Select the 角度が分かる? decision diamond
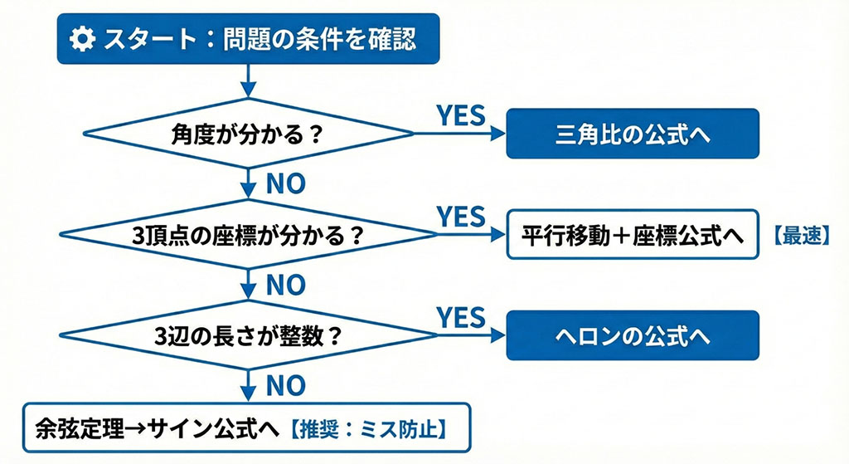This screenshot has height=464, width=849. (x=249, y=133)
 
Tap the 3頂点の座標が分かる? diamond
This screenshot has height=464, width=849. (x=249, y=235)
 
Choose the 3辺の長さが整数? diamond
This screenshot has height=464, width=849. (x=249, y=336)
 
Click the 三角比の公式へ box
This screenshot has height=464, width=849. (x=633, y=133)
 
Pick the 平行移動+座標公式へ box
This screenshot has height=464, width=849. (x=633, y=235)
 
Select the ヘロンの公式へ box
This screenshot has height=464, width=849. (x=633, y=336)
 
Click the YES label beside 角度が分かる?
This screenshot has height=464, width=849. (x=460, y=115)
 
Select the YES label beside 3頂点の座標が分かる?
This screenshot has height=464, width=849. (x=460, y=217)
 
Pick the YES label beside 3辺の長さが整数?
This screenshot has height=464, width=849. (x=460, y=317)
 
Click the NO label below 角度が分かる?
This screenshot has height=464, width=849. (x=285, y=183)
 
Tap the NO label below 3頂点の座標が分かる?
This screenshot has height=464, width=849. (x=285, y=285)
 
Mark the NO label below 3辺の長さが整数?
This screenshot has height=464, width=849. (x=285, y=385)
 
